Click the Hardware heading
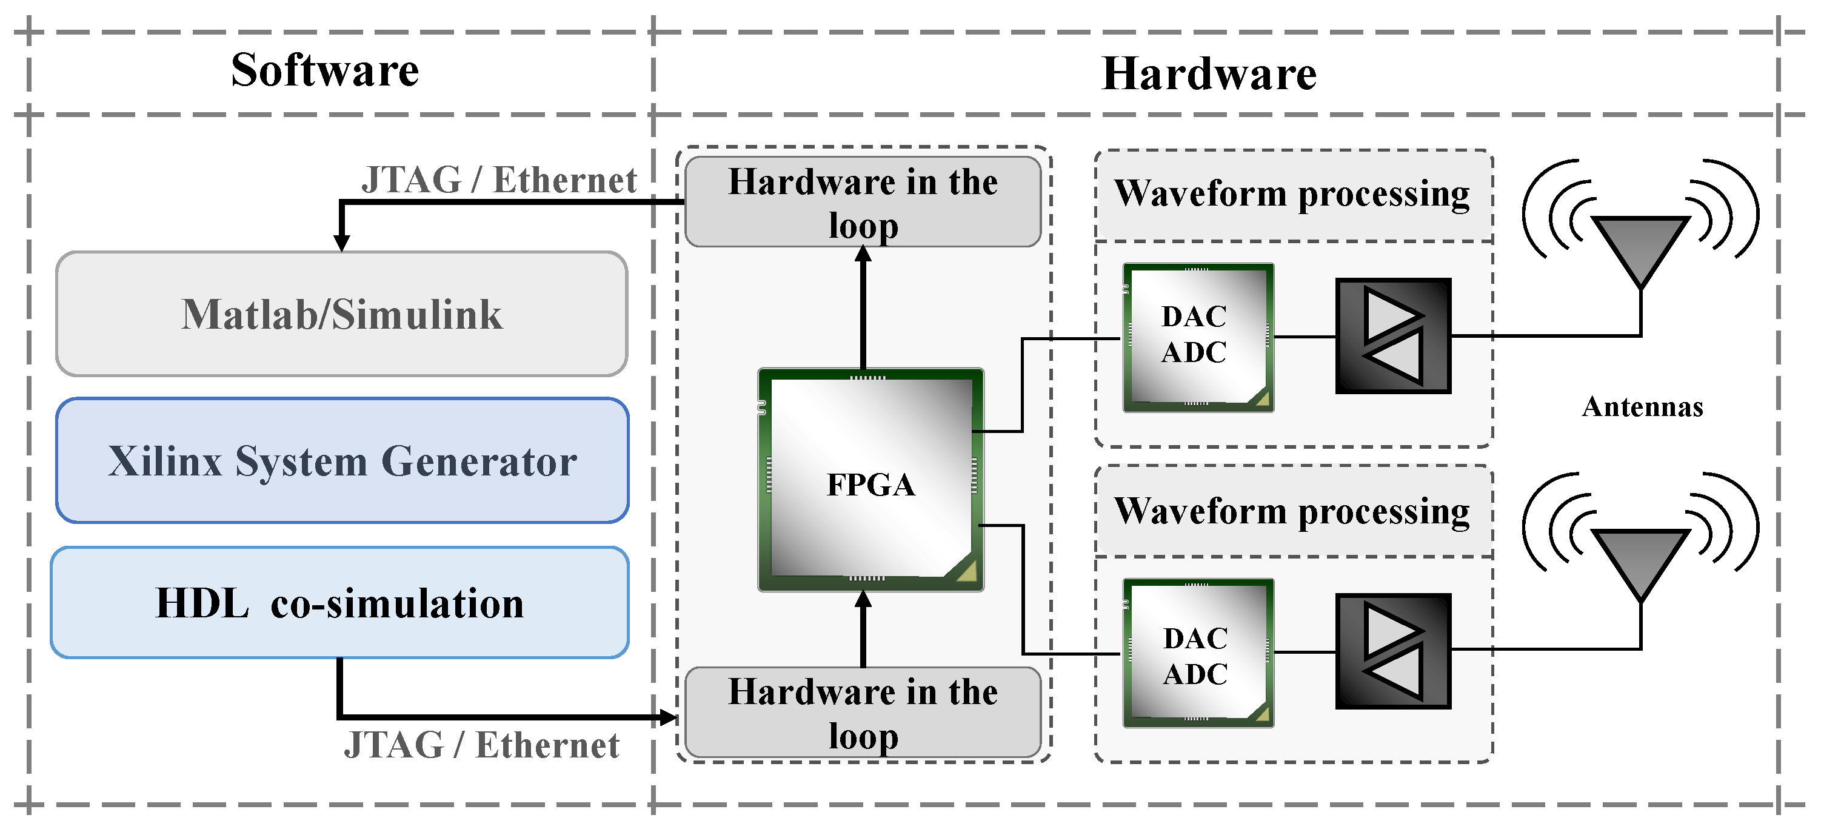click(x=1208, y=73)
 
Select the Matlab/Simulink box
click(x=341, y=314)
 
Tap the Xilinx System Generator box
click(x=342, y=461)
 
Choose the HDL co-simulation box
click(x=339, y=603)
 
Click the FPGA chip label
click(x=870, y=485)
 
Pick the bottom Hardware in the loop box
click(x=863, y=713)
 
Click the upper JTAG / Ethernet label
click(x=499, y=180)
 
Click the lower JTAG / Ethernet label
click(x=481, y=745)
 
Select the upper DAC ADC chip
click(x=1197, y=337)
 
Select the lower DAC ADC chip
click(x=1197, y=654)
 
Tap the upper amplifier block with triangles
click(x=1392, y=336)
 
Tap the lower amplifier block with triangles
click(x=1392, y=651)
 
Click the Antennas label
click(x=1642, y=407)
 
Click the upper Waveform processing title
click(x=1292, y=193)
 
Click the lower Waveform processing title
click(x=1292, y=511)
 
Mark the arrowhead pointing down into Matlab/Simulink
click(x=341, y=242)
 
